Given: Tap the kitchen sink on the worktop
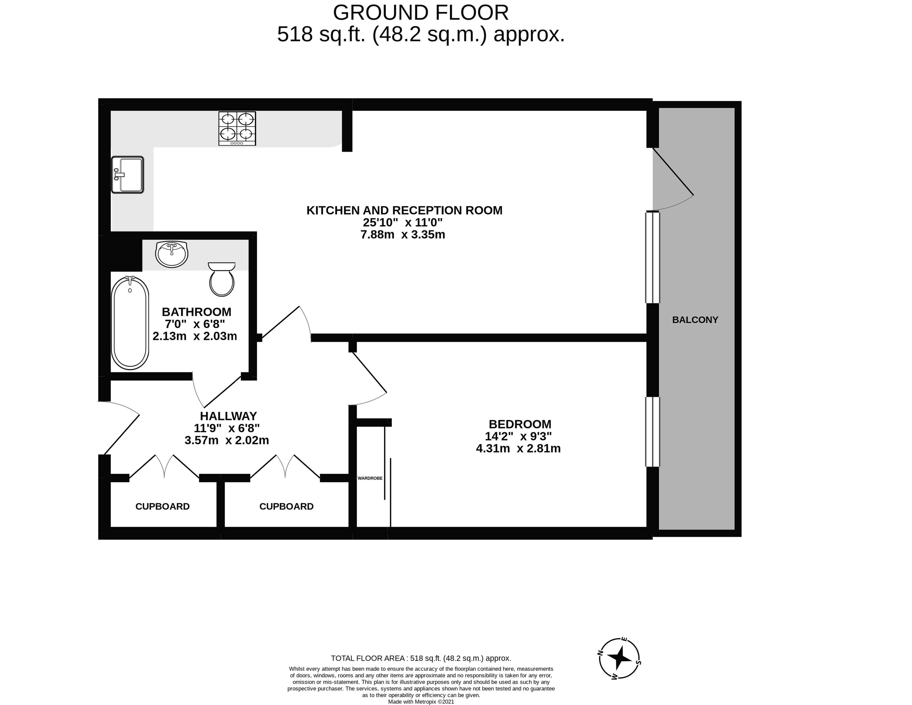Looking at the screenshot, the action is (x=127, y=175).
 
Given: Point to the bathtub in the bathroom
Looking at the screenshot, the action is (x=130, y=323).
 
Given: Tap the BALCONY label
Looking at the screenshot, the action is (x=695, y=320).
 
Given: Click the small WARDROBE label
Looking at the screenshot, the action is (x=370, y=478).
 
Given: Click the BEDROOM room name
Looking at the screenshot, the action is (x=520, y=424).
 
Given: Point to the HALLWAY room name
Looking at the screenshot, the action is (x=228, y=416).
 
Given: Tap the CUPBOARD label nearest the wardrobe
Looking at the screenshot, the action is (x=286, y=507).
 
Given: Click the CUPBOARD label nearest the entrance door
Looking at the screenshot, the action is (x=162, y=507).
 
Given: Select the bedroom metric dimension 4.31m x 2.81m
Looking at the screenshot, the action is (x=518, y=449).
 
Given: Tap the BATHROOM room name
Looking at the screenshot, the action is (x=196, y=312).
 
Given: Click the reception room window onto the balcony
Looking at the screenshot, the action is (x=653, y=257).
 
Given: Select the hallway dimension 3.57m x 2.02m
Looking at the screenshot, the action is (x=227, y=440).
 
